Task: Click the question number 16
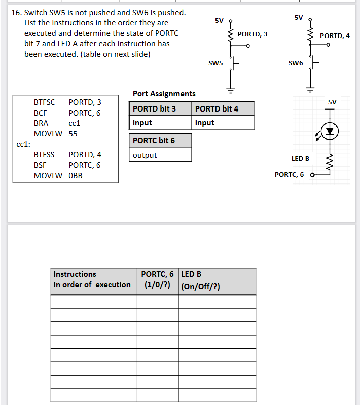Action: [x=16, y=12]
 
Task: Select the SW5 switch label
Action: [x=215, y=63]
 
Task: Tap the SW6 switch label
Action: [x=295, y=63]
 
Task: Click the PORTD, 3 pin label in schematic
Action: [x=252, y=34]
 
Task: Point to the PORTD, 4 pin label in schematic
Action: [x=335, y=35]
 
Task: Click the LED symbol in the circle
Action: [x=330, y=131]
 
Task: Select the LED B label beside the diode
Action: [x=300, y=159]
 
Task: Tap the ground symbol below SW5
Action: [x=231, y=92]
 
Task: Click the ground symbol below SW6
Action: [x=310, y=92]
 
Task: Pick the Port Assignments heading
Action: [x=164, y=94]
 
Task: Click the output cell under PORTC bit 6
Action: [x=145, y=155]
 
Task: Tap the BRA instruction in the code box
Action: [x=41, y=123]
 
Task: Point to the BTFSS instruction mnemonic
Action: [x=44, y=155]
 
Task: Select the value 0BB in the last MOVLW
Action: [x=76, y=176]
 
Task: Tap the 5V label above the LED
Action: [x=332, y=102]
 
